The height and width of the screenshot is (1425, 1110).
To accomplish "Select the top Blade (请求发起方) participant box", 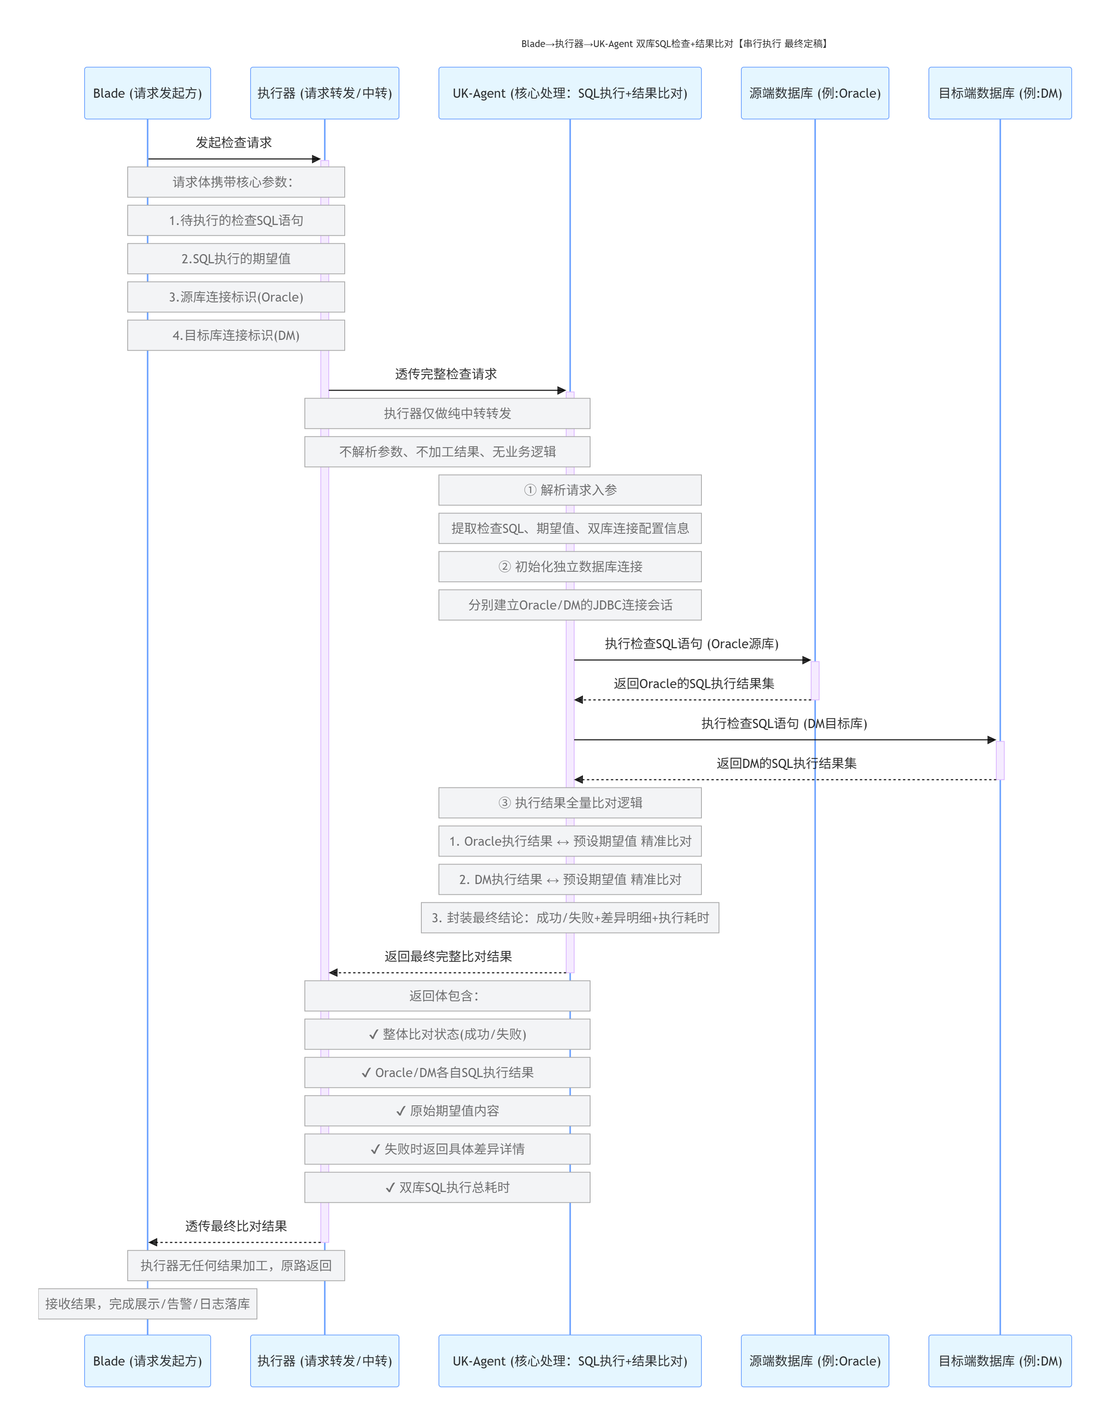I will click(148, 93).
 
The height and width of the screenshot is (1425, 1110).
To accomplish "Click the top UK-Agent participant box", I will click(570, 93).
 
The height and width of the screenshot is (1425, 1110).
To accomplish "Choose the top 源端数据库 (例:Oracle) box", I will click(814, 93).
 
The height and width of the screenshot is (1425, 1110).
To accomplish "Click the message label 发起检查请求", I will click(234, 143).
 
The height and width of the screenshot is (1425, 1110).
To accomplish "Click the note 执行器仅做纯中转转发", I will click(447, 414).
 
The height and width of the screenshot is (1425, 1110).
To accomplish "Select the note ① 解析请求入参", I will click(570, 490).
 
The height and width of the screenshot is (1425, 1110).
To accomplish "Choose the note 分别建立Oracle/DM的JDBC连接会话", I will click(570, 605).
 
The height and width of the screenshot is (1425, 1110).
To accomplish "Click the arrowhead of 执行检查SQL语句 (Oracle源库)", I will click(806, 660).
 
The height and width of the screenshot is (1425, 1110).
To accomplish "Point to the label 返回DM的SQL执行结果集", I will click(786, 764).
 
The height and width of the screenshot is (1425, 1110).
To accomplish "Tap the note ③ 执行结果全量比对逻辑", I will click(570, 803).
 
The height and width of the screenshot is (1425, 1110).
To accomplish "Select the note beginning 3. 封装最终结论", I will click(570, 918).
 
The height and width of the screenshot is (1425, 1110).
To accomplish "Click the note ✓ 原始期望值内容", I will click(447, 1111).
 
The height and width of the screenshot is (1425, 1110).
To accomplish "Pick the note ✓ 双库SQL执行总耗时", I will click(447, 1188).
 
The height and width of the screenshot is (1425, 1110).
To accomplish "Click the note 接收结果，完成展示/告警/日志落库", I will click(148, 1304).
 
